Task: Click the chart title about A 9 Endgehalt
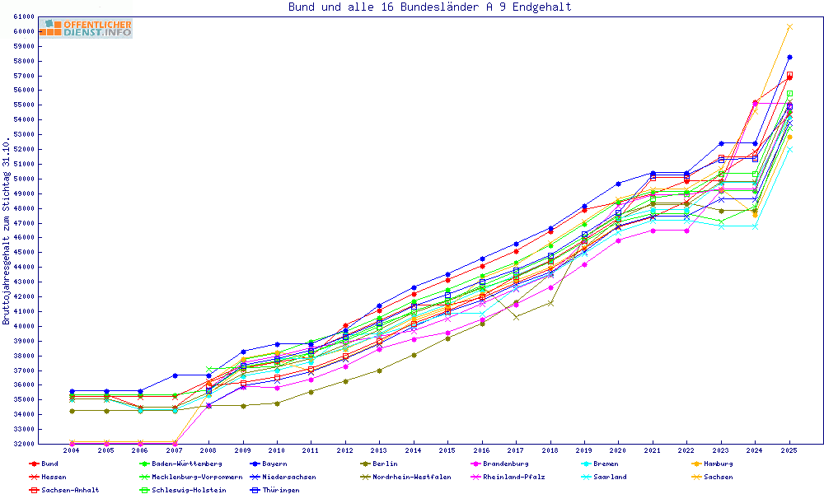click(x=429, y=7)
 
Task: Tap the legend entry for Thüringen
click(x=275, y=490)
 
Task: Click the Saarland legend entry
click(x=610, y=477)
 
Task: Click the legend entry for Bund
click(x=49, y=464)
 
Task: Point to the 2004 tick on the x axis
click(x=72, y=450)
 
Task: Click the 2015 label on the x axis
click(x=447, y=450)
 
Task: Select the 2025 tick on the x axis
click(x=789, y=450)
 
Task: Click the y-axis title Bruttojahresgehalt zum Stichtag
click(x=7, y=231)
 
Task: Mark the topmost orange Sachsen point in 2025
click(x=789, y=26)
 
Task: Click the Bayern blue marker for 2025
click(x=789, y=57)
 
